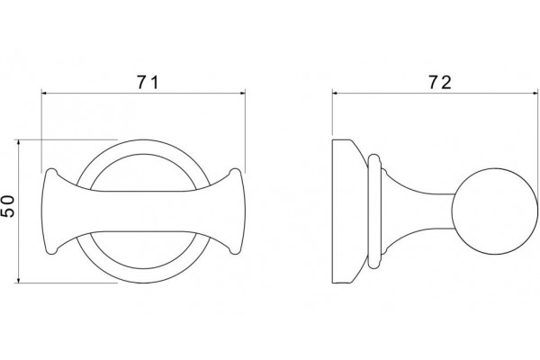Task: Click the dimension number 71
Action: (148, 83)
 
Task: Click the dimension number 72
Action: (440, 83)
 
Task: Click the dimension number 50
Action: (8, 206)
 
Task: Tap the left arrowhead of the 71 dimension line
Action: (44, 93)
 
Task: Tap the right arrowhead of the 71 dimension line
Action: (242, 93)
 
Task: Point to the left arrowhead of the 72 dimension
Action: (335, 93)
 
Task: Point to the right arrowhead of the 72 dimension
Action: (535, 93)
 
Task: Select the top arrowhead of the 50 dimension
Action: (19, 142)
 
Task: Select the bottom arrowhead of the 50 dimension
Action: (19, 280)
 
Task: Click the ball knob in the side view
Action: (494, 211)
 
